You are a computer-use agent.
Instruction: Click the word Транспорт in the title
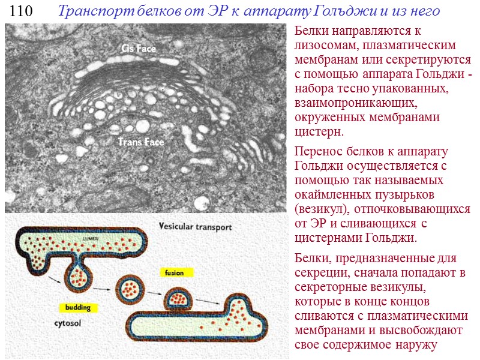89,11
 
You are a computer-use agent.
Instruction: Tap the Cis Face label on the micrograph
139,49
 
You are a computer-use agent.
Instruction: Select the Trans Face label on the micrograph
141,142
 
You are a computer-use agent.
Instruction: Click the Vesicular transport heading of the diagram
195,227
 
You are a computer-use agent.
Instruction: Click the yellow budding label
78,308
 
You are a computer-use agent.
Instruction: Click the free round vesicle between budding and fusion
130,288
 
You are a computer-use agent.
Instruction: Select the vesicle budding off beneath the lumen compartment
80,276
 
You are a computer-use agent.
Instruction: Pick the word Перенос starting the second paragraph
318,151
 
